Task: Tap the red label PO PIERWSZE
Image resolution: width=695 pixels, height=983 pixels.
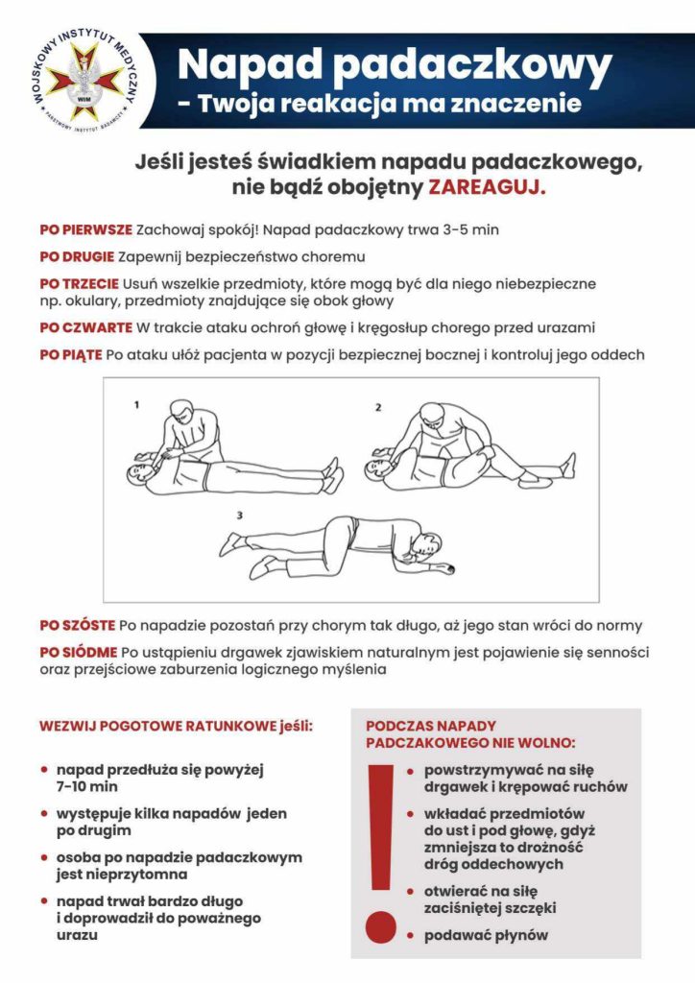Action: [85, 230]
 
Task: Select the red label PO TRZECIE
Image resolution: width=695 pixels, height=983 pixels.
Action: [79, 284]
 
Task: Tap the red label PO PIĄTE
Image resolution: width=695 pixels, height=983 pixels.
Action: [70, 354]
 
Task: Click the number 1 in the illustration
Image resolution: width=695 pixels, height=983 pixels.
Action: [136, 405]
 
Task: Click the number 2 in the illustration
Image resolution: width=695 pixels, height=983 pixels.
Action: [378, 408]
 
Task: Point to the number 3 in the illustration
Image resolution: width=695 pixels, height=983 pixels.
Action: [239, 515]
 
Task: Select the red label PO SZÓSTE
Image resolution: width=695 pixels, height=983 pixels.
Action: [77, 625]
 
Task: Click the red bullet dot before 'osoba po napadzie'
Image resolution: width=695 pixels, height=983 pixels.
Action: [44, 857]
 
